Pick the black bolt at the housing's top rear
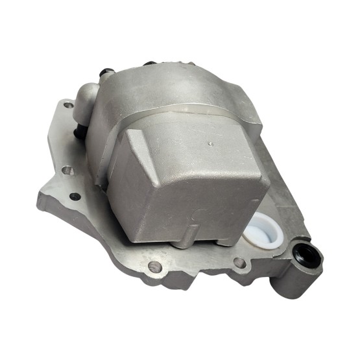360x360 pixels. point(149,64)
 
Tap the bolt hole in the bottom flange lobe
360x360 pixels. point(154,266)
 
